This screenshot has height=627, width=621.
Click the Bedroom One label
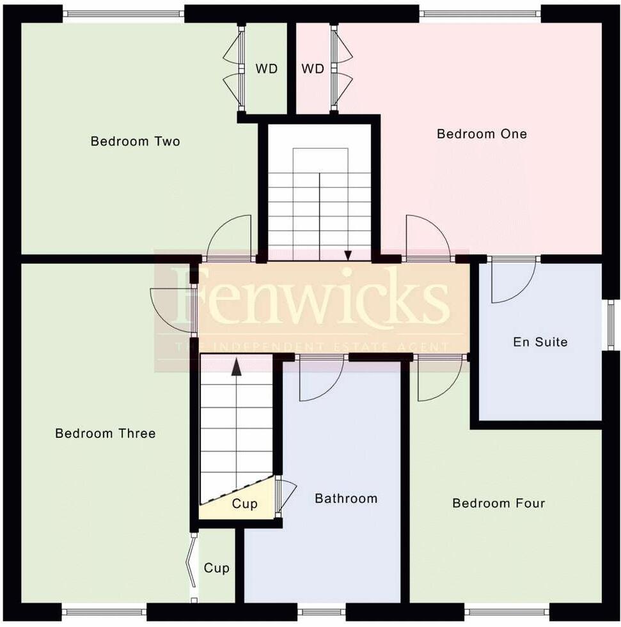(482, 134)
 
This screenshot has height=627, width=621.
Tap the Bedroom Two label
(135, 141)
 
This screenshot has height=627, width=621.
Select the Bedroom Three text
(105, 433)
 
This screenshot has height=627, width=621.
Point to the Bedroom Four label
(498, 503)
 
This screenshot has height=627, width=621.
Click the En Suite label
(540, 342)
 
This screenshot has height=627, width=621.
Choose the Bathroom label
(346, 498)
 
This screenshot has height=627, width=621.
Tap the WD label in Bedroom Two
(267, 68)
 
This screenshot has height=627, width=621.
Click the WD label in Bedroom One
(313, 68)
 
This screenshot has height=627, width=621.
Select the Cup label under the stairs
(244, 504)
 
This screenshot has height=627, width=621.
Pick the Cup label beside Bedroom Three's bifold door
(216, 568)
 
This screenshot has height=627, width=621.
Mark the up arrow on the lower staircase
(236, 367)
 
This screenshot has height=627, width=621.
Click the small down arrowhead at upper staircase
(348, 256)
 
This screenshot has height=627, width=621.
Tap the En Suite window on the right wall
(611, 325)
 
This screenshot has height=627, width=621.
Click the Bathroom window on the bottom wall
(321, 612)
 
